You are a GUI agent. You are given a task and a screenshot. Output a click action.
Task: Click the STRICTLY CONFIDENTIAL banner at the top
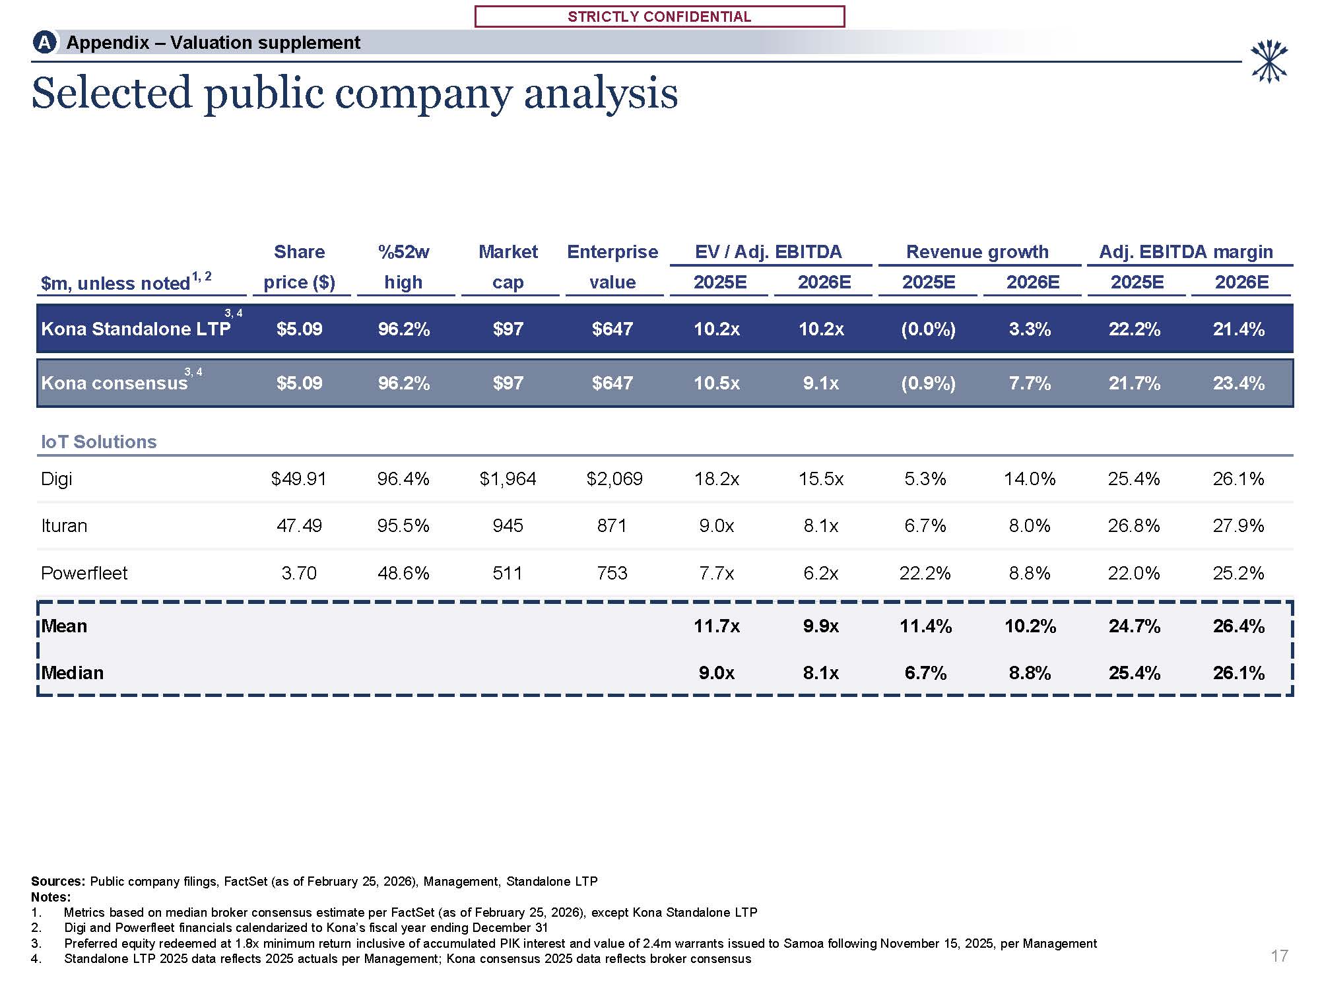point(659,16)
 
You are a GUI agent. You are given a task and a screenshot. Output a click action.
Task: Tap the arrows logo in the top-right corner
point(1269,62)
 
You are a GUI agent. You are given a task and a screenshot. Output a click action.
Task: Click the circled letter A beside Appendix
point(44,43)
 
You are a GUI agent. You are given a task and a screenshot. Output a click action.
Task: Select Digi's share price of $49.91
point(299,478)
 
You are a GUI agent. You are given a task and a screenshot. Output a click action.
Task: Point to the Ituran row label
point(64,526)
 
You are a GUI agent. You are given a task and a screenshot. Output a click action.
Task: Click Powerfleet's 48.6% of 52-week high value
point(403,573)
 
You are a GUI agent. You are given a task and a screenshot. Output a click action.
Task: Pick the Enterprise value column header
point(612,267)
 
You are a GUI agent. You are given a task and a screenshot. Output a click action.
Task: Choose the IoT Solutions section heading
point(99,442)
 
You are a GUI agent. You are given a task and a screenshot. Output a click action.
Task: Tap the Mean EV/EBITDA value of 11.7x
point(717,626)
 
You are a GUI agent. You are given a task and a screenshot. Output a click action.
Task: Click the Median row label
point(73,673)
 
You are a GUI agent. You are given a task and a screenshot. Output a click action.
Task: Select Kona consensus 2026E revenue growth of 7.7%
point(1030,383)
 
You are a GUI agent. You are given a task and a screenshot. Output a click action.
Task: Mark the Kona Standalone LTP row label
point(136,329)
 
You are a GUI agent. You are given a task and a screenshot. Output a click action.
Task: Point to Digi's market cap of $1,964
point(508,478)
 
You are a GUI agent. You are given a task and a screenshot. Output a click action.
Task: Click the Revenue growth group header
point(977,251)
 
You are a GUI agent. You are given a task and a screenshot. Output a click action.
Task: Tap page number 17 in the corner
point(1279,956)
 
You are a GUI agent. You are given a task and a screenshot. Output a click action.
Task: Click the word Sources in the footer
point(58,881)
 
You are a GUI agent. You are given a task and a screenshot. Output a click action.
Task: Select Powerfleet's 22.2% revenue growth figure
point(925,573)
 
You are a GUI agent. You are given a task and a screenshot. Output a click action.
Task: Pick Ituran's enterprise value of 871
point(612,526)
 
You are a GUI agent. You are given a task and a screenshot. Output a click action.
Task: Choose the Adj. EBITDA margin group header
point(1186,251)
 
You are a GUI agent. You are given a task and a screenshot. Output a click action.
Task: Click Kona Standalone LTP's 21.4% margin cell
point(1239,329)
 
